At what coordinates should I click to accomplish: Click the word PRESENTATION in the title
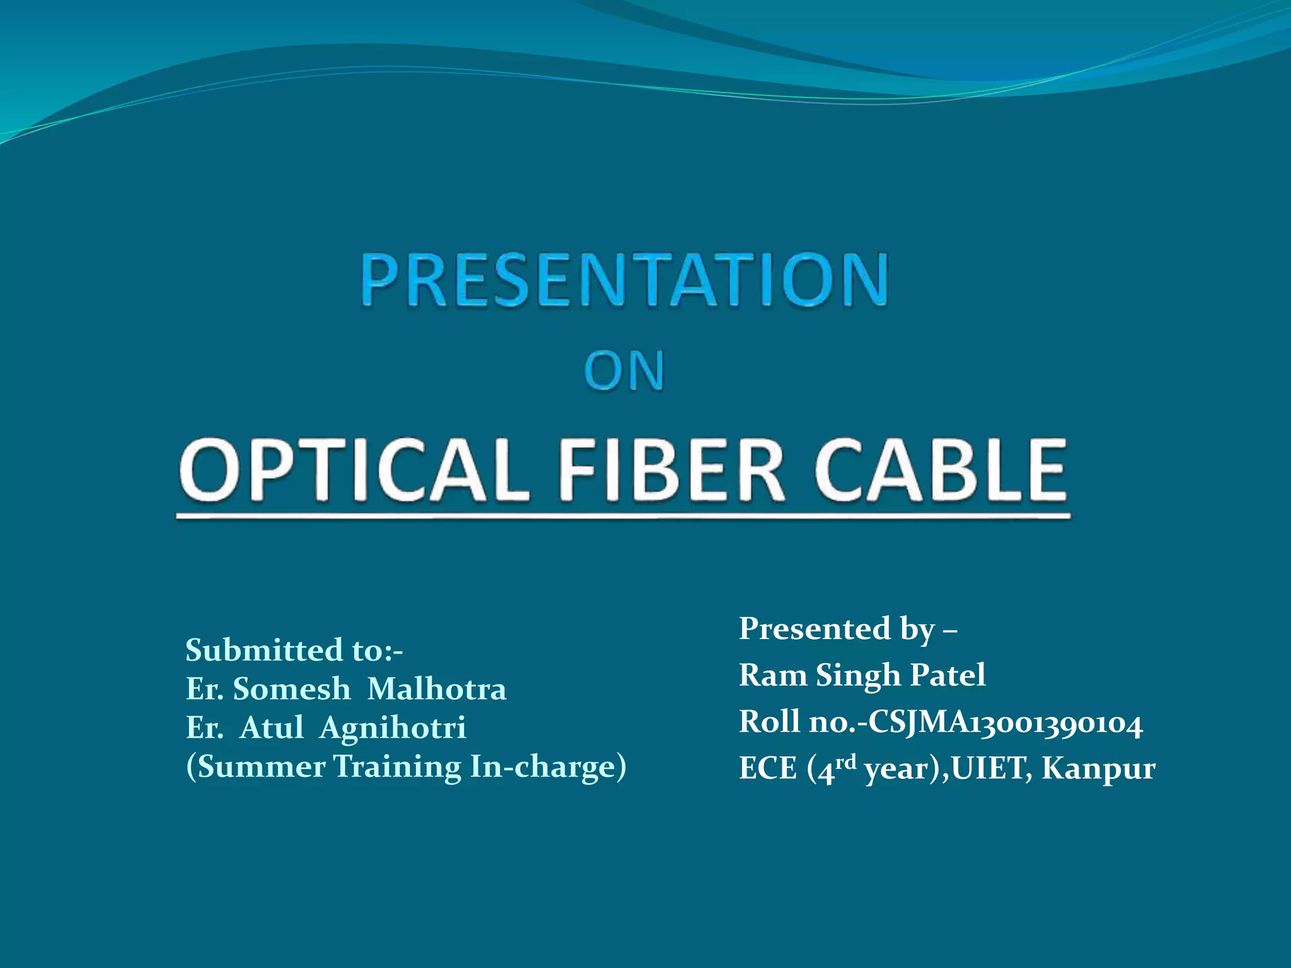point(624,280)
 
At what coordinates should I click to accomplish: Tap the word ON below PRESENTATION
point(624,371)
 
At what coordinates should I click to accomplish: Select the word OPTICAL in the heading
point(353,470)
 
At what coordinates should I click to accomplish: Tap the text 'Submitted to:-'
point(294,650)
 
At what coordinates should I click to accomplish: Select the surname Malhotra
point(436,689)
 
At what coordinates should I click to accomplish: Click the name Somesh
point(291,689)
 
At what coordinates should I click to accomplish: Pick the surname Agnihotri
point(393,728)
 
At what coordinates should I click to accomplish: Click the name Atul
point(272,728)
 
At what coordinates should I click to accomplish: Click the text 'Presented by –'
point(848,629)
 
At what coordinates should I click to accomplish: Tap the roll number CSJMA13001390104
point(1005,722)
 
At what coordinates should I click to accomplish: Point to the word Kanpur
point(1098,768)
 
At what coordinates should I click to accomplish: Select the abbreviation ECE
point(768,768)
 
